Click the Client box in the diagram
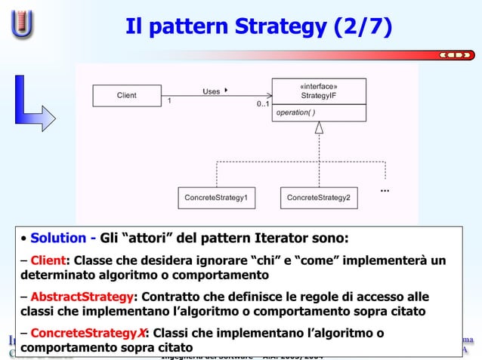pyautogui.click(x=126, y=96)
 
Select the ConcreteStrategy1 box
pyautogui.click(x=216, y=198)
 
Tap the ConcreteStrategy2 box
pyautogui.click(x=318, y=198)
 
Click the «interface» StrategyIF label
pyautogui.click(x=319, y=91)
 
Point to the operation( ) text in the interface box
pyautogui.click(x=296, y=112)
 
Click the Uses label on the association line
pyautogui.click(x=212, y=91)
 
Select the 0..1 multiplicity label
pyautogui.click(x=262, y=104)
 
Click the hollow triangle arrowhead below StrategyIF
pyautogui.click(x=319, y=128)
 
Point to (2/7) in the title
pyautogui.click(x=366, y=27)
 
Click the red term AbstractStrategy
pyautogui.click(x=82, y=295)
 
